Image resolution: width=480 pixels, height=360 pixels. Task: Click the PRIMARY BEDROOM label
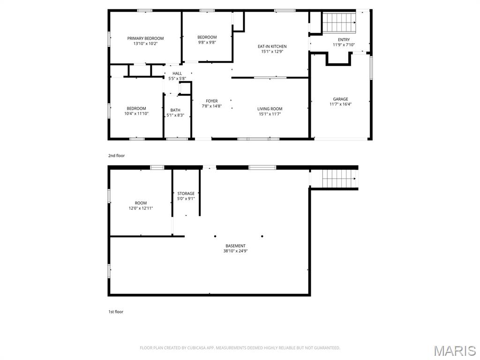(145, 38)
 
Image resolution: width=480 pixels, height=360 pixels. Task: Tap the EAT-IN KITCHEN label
(272, 46)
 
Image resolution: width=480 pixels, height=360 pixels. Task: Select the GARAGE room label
(340, 99)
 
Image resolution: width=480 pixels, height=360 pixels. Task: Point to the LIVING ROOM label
(270, 109)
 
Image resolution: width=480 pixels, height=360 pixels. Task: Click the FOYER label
(211, 101)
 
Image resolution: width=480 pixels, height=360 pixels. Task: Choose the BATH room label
(175, 110)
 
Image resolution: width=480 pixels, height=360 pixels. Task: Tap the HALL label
(177, 73)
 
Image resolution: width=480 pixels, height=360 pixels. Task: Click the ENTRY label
(344, 40)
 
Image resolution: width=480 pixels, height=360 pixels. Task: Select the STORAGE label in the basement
(186, 194)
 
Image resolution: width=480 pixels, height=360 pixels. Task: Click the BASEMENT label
(235, 246)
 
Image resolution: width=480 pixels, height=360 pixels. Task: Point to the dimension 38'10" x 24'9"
(235, 251)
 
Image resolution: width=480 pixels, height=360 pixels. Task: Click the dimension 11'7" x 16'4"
(340, 105)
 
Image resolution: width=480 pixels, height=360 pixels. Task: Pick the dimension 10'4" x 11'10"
(136, 113)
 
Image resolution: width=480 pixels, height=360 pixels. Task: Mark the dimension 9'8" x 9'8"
(207, 42)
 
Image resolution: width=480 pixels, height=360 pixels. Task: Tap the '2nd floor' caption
(116, 155)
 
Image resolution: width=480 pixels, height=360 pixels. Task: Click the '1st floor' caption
(115, 311)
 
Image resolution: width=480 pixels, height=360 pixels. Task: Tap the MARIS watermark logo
(455, 351)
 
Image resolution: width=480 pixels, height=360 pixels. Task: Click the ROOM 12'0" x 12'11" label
(141, 205)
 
